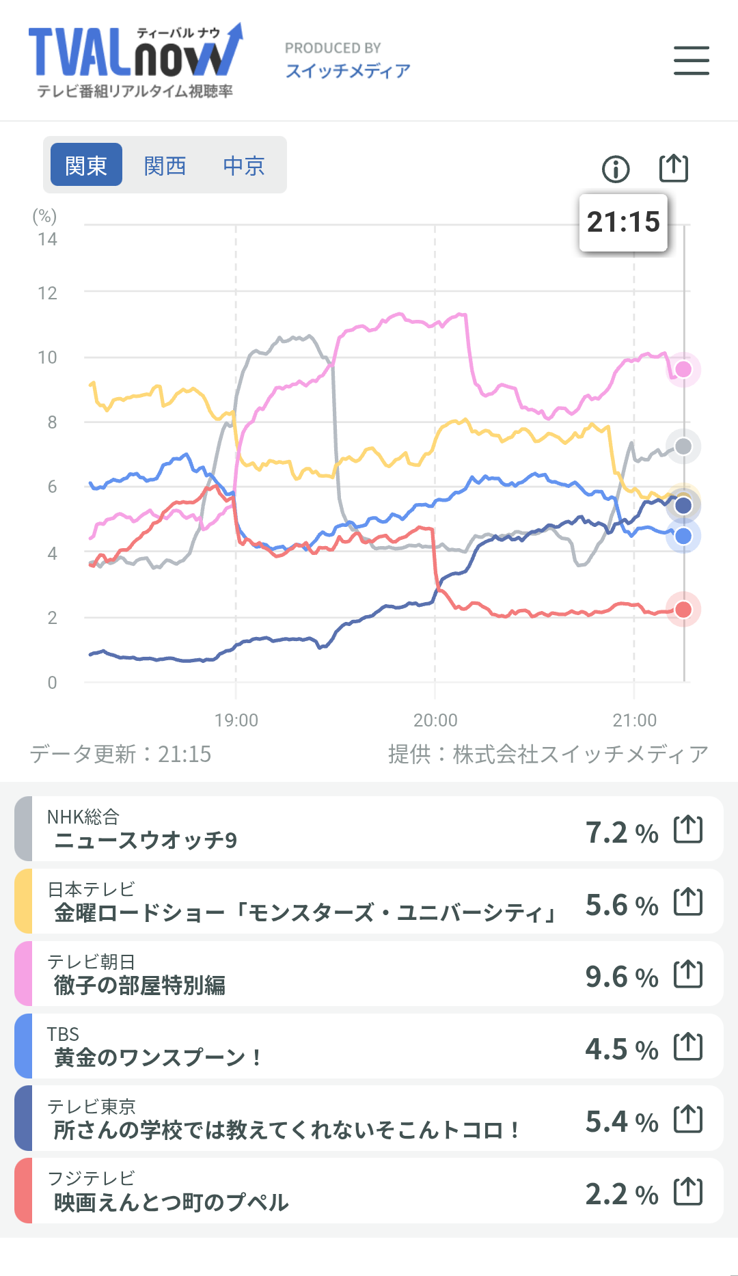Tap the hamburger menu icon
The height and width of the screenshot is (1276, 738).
pos(691,60)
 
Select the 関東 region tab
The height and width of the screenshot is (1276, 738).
pos(86,165)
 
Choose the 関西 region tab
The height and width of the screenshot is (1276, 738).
pos(165,165)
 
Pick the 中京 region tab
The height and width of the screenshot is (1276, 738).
pos(243,165)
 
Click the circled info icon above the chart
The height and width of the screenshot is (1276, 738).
pos(616,169)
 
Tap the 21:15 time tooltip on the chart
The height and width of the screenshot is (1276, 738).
pos(623,222)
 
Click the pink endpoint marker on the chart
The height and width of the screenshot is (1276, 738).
pos(683,370)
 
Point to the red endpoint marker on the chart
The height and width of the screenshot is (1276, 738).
pos(683,610)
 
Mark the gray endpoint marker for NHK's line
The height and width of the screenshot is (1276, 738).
pos(683,447)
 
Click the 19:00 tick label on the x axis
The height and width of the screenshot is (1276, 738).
pos(236,720)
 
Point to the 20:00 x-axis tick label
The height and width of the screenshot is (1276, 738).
pos(435,720)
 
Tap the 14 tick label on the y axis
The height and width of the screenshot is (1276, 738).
pos(47,239)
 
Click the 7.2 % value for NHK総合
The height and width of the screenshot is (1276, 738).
pos(621,832)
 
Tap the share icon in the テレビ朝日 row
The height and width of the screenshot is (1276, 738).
pos(688,974)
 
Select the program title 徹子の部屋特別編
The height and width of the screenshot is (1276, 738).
pos(139,986)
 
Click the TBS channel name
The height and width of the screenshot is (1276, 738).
pos(63,1034)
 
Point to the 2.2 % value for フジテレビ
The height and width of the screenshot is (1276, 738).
pos(621,1194)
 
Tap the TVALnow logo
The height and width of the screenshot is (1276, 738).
pos(135,60)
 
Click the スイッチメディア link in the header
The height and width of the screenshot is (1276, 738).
pos(348,71)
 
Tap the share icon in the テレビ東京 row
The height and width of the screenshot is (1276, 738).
pos(688,1119)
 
